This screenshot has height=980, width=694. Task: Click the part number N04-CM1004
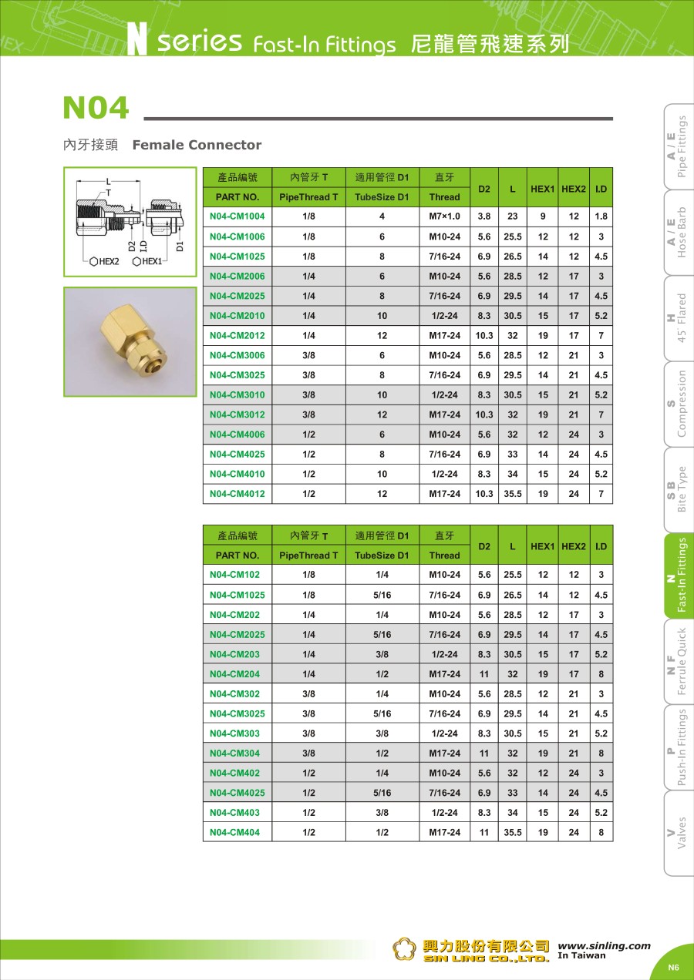pos(237,216)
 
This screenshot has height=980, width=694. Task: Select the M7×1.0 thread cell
pos(444,216)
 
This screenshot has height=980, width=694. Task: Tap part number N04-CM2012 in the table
pos(237,335)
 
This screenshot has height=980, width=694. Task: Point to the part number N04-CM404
pos(234,832)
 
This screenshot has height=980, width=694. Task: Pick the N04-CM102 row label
pos(234,575)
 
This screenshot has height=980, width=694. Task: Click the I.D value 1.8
pos(601,216)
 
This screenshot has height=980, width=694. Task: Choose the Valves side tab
pos(678,833)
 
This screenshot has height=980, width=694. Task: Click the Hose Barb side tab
pos(678,233)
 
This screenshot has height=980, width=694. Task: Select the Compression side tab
pos(678,404)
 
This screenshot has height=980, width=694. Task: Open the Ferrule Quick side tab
pos(678,662)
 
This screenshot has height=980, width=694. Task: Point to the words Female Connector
pos(197,145)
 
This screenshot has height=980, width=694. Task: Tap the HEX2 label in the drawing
pos(104,262)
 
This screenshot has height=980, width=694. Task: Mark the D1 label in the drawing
pos(180,246)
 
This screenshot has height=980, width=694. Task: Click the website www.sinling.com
pos(604,946)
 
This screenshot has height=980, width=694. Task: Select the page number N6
pos(673,968)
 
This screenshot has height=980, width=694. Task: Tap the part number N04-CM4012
pos(237,494)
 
